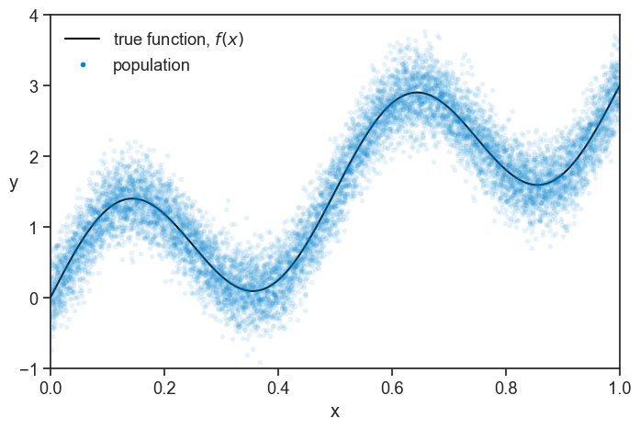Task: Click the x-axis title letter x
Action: pos(335,412)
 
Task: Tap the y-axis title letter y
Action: pos(14,184)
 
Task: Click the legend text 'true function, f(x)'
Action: pos(178,40)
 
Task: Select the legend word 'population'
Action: pos(152,65)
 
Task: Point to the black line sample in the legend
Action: pos(82,40)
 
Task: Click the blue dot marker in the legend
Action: pos(83,65)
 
